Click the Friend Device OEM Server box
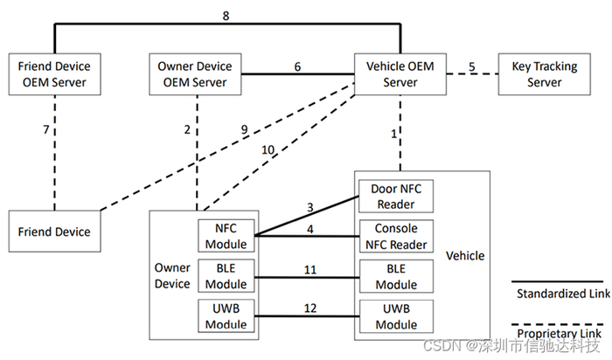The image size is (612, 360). pyautogui.click(x=54, y=73)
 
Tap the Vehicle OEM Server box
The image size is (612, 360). pyautogui.click(x=400, y=73)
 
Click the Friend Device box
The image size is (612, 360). pyautogui.click(x=54, y=232)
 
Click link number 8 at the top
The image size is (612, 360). pyautogui.click(x=227, y=15)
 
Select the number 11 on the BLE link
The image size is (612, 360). pyautogui.click(x=310, y=270)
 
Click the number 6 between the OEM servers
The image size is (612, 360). pyautogui.click(x=297, y=66)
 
